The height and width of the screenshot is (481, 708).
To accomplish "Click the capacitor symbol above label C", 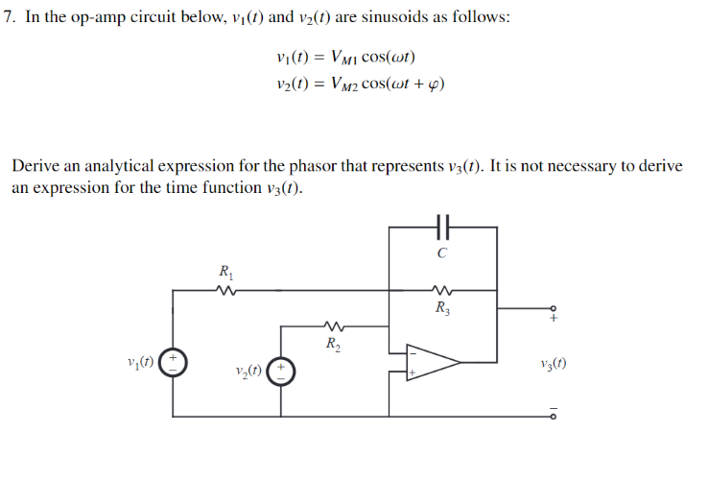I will coord(442,228).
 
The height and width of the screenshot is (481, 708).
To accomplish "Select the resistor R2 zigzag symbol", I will coord(334,325).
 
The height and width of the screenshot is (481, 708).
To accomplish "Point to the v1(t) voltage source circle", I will coord(173,363).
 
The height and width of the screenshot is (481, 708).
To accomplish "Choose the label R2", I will coord(332,343).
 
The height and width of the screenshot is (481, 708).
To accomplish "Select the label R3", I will coord(441,308).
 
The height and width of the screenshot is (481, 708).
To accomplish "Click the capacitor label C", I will coord(441,253).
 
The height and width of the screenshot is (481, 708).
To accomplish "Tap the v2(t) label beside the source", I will coord(248,370).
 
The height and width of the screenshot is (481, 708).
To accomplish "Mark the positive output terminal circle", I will coord(552,309).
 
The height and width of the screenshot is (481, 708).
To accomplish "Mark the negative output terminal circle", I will coord(552,417).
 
